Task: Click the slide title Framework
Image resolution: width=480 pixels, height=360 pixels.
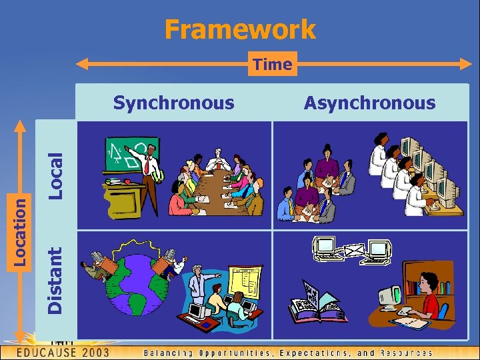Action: point(240,29)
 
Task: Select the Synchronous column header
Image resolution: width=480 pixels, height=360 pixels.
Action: point(173,103)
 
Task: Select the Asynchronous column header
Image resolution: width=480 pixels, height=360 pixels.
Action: point(369,103)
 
